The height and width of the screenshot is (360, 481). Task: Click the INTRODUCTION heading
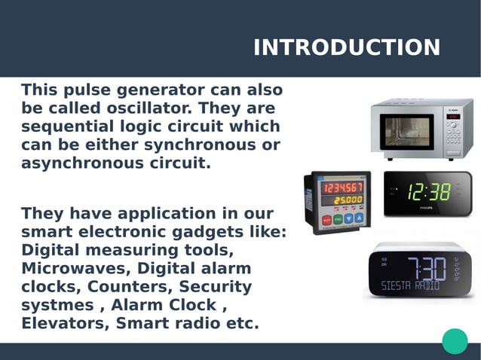[x=347, y=47]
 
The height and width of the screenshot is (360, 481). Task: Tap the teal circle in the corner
[x=455, y=341]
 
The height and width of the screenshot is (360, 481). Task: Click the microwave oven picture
[x=421, y=128]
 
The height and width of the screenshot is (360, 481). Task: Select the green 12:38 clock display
[x=428, y=192]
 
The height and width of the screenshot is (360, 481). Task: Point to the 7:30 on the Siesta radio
[x=427, y=267]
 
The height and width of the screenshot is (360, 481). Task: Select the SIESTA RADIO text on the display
[x=411, y=286]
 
